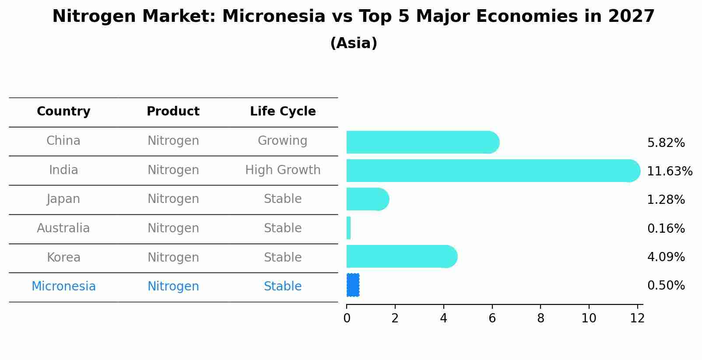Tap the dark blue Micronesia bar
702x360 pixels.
coord(353,285)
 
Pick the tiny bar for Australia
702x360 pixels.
coord(348,228)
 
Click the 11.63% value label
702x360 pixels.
coord(669,171)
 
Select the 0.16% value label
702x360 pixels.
coord(666,228)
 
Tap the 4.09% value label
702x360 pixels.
coord(666,257)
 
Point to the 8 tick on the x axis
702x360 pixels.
coord(541,318)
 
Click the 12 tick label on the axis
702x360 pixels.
coord(637,318)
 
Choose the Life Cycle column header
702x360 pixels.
coord(283,112)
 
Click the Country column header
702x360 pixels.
coord(63,112)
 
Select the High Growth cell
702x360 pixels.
coord(283,170)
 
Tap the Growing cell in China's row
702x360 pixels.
coord(282,141)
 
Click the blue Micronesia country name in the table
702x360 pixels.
coord(63,287)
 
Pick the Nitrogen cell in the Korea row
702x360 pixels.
coord(173,257)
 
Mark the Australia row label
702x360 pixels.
coord(63,228)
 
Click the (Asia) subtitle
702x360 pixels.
coord(354,43)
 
